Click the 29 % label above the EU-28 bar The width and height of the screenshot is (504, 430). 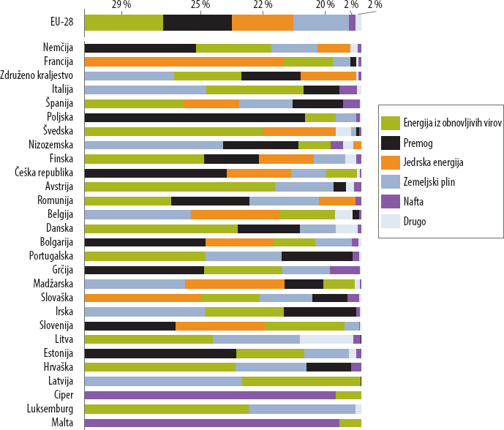point(121,5)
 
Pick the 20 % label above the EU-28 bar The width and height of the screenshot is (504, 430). point(326,5)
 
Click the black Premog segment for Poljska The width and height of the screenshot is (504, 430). point(195,118)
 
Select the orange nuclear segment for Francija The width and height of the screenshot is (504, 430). point(184,62)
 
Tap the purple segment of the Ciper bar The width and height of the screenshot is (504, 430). point(210,395)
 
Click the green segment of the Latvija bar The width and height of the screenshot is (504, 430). point(301,381)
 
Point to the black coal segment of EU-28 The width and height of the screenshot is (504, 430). point(198,22)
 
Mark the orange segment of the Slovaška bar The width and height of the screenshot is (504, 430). point(143,298)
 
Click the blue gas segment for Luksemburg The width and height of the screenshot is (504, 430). point(301,409)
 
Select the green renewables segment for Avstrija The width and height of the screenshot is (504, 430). point(179,187)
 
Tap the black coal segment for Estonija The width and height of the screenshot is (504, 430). point(160,353)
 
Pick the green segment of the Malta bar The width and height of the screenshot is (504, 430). point(350,423)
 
